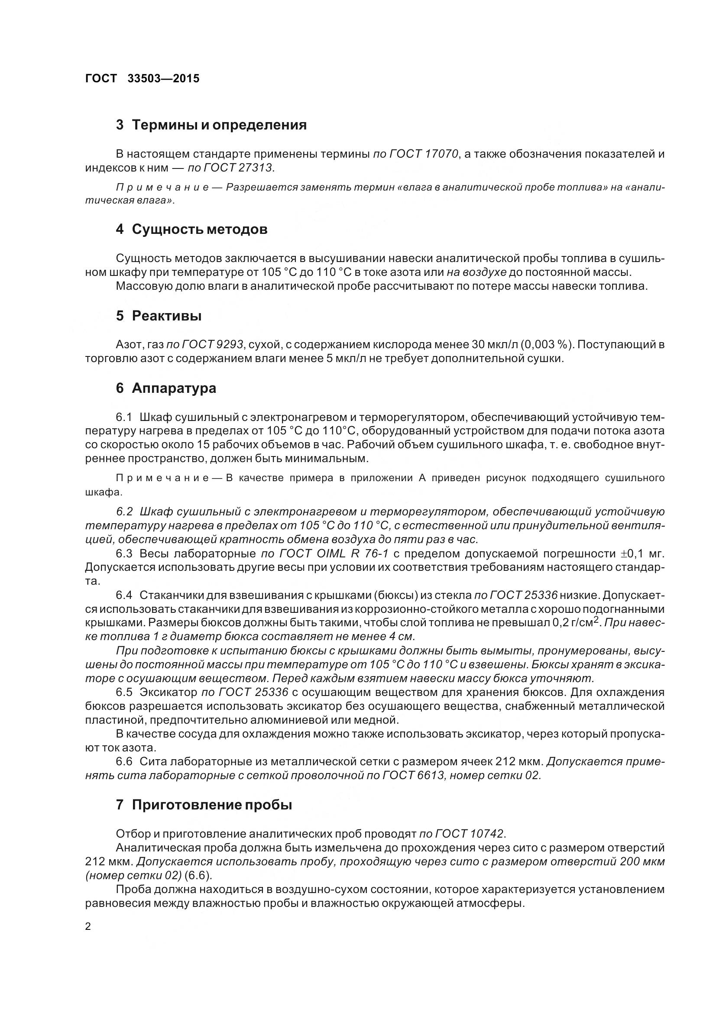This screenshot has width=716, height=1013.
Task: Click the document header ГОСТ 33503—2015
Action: pos(142,78)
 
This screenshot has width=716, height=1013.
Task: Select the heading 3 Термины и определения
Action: pos(211,125)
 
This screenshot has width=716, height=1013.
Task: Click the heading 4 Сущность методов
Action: pos(191,230)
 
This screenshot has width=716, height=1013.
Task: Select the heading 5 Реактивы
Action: pos(159,316)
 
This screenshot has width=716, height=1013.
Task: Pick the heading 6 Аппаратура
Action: pos(166,388)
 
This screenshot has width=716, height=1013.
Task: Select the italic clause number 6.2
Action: pos(124,511)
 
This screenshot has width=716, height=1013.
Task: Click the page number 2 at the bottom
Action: pos(88,926)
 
